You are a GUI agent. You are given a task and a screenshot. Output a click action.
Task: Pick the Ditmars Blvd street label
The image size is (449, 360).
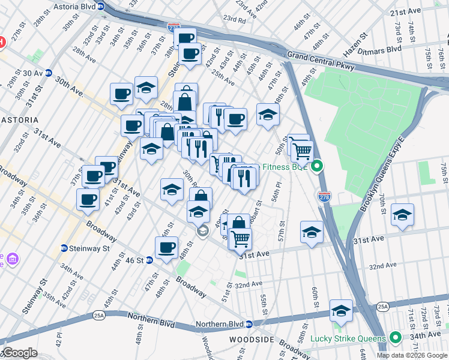(x=383, y=49)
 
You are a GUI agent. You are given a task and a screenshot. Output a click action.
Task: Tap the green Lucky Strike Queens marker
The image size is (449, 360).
(x=395, y=338)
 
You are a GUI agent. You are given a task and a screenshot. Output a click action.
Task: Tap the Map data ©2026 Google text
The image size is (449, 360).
(x=412, y=355)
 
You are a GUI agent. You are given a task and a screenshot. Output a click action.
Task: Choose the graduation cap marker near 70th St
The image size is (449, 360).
(x=402, y=215)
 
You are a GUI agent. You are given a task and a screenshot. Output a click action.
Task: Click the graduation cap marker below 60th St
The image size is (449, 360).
(x=341, y=310)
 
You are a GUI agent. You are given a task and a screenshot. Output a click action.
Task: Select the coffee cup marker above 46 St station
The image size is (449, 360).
(x=166, y=247)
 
